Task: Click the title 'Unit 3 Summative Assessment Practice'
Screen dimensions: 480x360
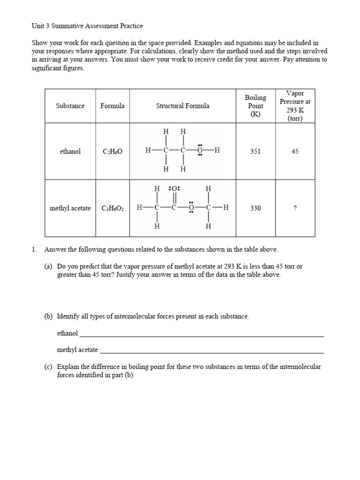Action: coord(87,26)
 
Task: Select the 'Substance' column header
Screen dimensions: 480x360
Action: coord(70,106)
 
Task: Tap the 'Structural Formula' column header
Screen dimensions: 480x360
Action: coord(182,106)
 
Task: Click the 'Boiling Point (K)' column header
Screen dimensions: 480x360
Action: coord(255,106)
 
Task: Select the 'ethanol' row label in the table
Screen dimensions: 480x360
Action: coord(70,151)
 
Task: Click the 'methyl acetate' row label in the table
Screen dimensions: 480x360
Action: coord(70,208)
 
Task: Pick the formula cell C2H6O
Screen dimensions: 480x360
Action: coord(112,152)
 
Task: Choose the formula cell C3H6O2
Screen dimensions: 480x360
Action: coord(112,209)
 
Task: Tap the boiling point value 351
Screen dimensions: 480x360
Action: coord(255,151)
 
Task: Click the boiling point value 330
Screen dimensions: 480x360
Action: coord(255,208)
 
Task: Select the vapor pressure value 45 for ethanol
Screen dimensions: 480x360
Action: coord(295,151)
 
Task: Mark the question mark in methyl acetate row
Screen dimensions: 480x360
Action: coord(295,208)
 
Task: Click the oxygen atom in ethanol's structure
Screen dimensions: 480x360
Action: coord(200,150)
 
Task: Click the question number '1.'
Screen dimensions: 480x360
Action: coord(34,249)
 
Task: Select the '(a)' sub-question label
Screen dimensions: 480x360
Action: coord(48,266)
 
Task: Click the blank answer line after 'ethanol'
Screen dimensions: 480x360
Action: coord(202,336)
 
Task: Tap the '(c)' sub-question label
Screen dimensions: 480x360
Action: coord(48,367)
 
